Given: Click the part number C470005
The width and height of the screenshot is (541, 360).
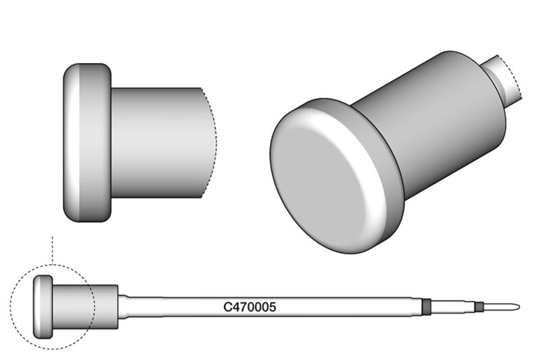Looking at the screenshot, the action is (250, 307).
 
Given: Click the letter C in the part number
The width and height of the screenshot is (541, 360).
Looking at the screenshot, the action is (227, 307).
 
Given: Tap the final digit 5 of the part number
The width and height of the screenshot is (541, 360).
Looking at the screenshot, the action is (273, 307).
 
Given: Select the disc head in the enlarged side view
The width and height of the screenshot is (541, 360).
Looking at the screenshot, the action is (87, 143).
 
